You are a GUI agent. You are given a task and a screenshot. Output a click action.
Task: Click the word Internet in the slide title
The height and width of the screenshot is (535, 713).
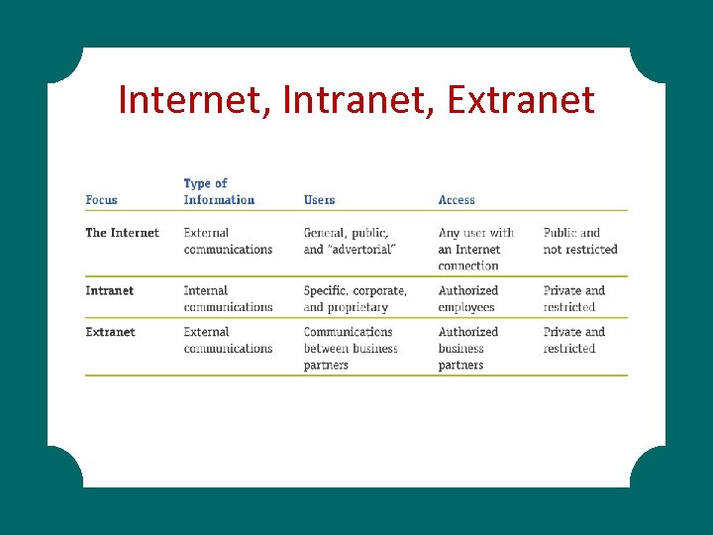(188, 100)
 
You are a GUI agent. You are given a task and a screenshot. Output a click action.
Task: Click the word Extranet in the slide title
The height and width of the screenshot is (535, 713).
(521, 100)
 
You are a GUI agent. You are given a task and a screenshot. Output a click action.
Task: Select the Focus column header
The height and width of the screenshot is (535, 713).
(101, 200)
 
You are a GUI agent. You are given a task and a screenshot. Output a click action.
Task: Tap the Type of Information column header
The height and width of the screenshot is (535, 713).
(219, 191)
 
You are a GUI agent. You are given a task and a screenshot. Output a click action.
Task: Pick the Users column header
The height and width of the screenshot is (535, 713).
(319, 200)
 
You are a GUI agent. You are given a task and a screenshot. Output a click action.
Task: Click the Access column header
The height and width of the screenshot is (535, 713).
(457, 200)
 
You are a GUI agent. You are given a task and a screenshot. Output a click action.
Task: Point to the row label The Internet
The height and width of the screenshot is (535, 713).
(122, 233)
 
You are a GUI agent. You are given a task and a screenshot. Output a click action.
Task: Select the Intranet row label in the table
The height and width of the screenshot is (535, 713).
(109, 290)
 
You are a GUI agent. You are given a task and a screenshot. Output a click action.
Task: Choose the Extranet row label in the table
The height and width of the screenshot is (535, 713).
(110, 332)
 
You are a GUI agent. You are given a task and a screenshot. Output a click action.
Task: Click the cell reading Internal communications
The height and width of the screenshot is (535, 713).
(228, 298)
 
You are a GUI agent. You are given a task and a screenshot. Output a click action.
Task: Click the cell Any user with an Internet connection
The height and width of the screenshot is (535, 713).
(476, 249)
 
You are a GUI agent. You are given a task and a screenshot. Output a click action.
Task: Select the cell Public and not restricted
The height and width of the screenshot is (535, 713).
(579, 241)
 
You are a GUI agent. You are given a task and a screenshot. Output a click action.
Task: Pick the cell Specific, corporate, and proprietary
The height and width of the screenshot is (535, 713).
(355, 298)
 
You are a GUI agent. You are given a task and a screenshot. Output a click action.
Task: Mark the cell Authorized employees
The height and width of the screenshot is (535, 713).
(467, 298)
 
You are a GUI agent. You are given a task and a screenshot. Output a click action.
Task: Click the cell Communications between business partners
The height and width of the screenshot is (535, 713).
(350, 348)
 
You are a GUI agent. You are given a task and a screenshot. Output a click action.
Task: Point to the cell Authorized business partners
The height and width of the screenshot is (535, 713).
(467, 348)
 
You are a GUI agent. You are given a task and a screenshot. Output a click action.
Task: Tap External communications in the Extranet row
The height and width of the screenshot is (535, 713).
(228, 340)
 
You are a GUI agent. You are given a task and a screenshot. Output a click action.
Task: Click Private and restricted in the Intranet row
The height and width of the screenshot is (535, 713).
(573, 298)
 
